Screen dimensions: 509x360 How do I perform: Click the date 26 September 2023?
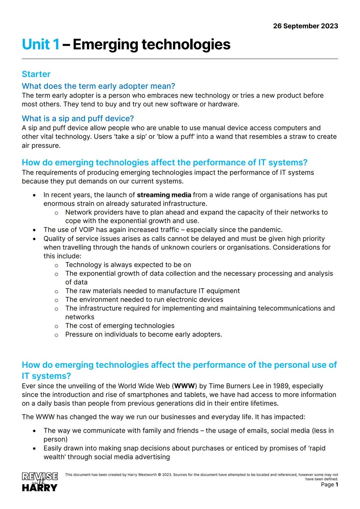[x=305, y=26]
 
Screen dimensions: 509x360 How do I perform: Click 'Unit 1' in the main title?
[x=41, y=44]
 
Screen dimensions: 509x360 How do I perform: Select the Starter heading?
[x=36, y=74]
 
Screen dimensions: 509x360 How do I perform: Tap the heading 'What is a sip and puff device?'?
[x=78, y=118]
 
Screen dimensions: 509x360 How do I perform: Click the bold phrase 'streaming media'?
[x=164, y=195]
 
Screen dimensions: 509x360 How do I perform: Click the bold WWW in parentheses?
[x=185, y=386]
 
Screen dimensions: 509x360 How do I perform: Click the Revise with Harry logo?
[x=40, y=482]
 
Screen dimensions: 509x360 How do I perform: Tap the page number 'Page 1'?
[x=329, y=484]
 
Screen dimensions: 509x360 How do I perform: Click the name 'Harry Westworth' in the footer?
[x=142, y=475]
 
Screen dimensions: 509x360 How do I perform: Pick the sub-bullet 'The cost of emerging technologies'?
[x=120, y=326]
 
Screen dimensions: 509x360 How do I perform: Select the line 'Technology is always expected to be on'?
[x=128, y=265]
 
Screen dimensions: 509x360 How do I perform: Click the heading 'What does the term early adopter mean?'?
[x=98, y=86]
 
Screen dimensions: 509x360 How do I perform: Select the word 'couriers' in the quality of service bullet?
[x=218, y=247]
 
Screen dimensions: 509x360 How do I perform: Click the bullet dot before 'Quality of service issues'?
[x=34, y=239]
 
